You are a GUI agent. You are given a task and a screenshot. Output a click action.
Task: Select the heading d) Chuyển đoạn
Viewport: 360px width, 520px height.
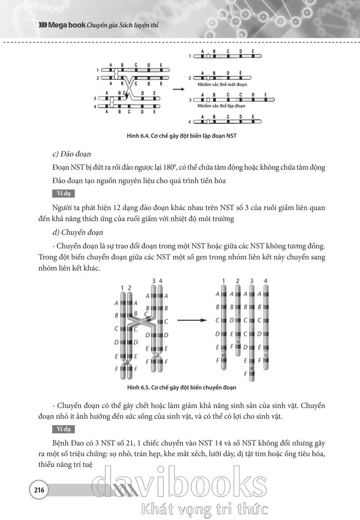coord(78,233)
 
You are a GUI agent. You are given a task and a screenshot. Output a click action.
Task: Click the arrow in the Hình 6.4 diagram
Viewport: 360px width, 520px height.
coord(179,89)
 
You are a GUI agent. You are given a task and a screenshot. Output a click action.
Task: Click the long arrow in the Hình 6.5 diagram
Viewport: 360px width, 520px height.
coord(191,320)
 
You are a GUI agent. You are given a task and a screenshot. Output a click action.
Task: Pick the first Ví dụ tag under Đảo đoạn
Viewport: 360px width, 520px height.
coord(63,194)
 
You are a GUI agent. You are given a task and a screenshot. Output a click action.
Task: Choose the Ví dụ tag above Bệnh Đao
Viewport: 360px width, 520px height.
coord(63,429)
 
